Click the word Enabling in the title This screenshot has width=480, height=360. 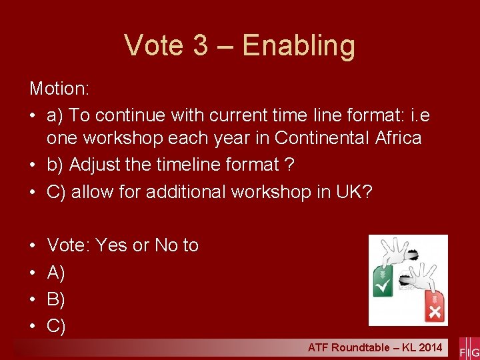(x=299, y=46)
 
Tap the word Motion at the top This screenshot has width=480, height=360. (x=58, y=88)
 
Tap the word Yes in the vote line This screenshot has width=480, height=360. (x=111, y=245)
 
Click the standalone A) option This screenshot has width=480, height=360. (x=56, y=273)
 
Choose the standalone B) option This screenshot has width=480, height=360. (x=56, y=299)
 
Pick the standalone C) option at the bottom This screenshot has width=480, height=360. (x=56, y=326)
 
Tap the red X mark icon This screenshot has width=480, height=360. (x=435, y=311)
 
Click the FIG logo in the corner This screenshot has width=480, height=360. (x=469, y=351)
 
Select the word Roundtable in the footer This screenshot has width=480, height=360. (x=359, y=347)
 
